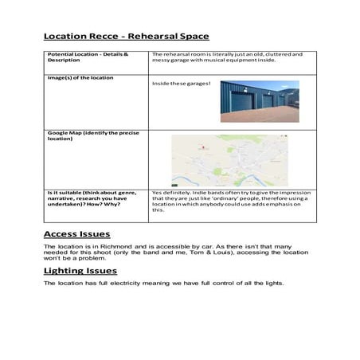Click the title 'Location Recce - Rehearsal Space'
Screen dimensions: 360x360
[126, 36]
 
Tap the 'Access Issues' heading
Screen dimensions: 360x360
[76, 234]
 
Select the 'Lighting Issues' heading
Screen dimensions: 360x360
[80, 271]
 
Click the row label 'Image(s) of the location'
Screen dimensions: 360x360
[80, 78]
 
